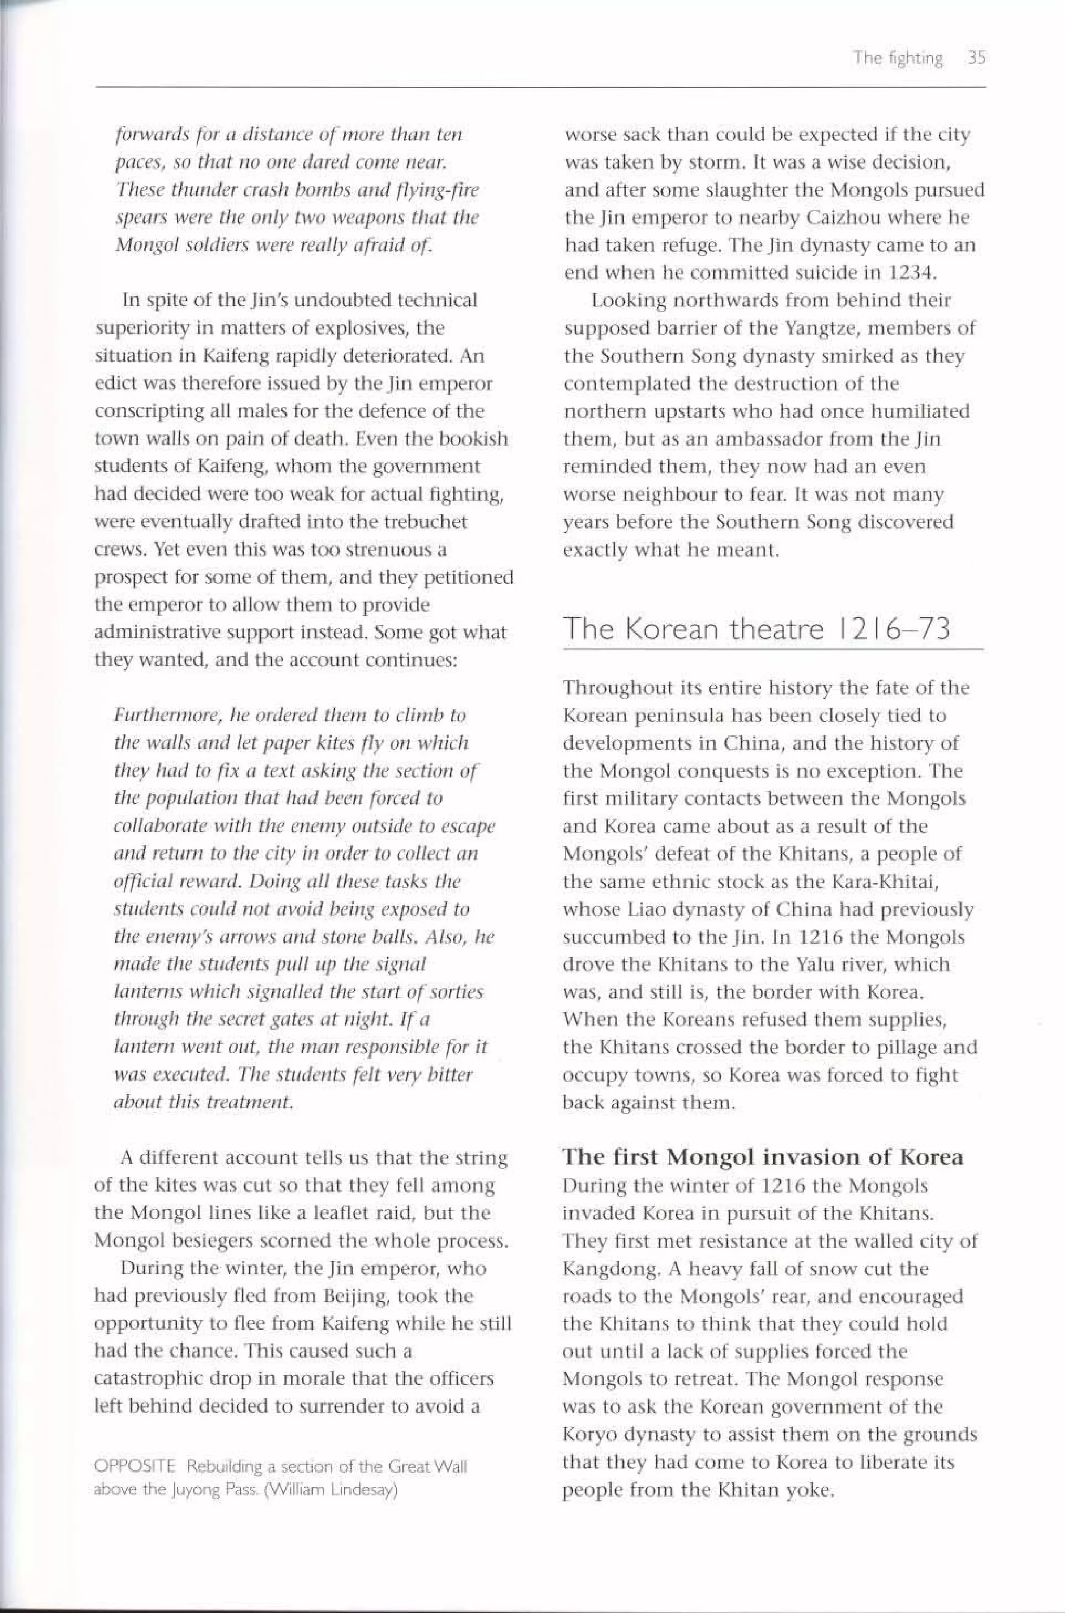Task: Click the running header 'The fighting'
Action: coord(898,58)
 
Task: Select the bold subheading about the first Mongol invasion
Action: coord(762,1156)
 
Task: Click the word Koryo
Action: coord(588,1434)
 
